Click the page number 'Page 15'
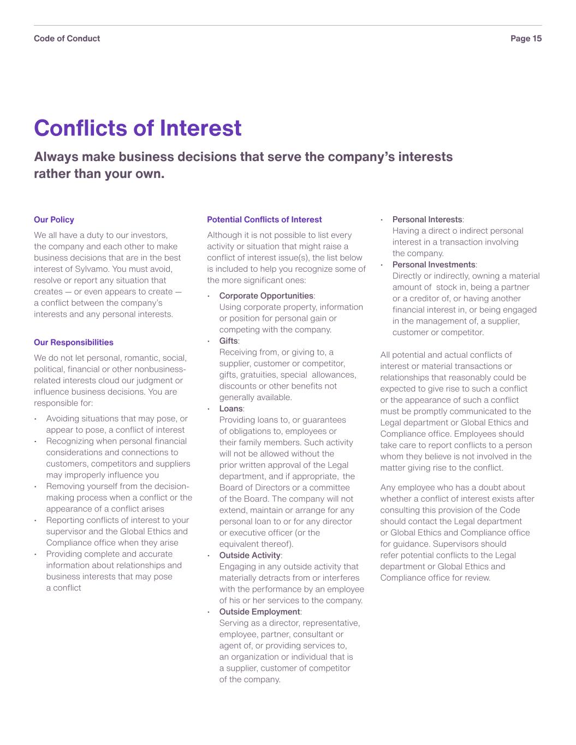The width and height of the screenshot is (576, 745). pyautogui.click(x=526, y=38)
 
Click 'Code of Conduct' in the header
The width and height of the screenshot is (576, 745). pyautogui.click(x=67, y=38)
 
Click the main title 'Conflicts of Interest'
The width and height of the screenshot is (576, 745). pyautogui.click(x=138, y=128)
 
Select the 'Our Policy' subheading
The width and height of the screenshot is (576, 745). pyautogui.click(x=54, y=219)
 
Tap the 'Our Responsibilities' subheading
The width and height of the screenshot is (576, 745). pyautogui.click(x=73, y=342)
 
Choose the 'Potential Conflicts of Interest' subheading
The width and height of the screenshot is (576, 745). pyautogui.click(x=264, y=219)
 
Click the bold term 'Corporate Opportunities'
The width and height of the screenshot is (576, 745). pyautogui.click(x=266, y=296)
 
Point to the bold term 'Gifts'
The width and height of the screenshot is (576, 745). pyautogui.click(x=228, y=341)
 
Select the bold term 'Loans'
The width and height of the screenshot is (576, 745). pyautogui.click(x=230, y=409)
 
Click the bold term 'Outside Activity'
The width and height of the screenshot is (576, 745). pyautogui.click(x=250, y=556)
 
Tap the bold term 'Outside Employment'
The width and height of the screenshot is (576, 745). pyautogui.click(x=259, y=612)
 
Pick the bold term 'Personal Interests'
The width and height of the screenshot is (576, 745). pyautogui.click(x=427, y=219)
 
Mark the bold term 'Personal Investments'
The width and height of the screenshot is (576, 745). pyautogui.click(x=434, y=265)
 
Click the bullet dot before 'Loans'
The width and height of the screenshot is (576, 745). pyautogui.click(x=209, y=409)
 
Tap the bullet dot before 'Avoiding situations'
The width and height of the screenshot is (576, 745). pyautogui.click(x=35, y=419)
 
